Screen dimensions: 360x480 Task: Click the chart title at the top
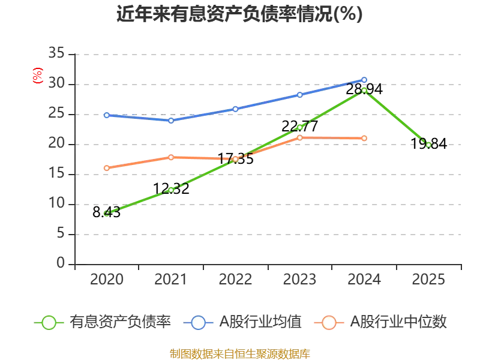click(239, 14)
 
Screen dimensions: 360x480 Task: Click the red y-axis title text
click(37, 76)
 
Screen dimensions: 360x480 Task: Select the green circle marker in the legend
click(49, 323)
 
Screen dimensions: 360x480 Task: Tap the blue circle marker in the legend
click(199, 323)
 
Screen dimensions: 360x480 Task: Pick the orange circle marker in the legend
click(329, 323)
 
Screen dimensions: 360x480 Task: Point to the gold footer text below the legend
click(239, 353)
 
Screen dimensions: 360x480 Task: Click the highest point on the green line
click(364, 90)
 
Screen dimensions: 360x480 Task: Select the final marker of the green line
click(428, 144)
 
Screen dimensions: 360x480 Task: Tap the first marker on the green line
click(107, 212)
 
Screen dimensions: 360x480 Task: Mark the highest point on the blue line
click(364, 80)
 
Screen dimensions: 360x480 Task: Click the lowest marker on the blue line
click(171, 121)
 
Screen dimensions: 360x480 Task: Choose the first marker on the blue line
click(107, 115)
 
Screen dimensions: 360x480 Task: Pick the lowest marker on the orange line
click(107, 168)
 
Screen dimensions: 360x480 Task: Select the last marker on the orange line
click(364, 139)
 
